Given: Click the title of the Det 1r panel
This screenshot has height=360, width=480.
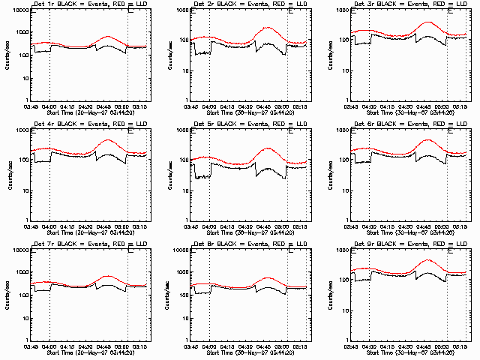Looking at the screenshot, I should pyautogui.click(x=79, y=5).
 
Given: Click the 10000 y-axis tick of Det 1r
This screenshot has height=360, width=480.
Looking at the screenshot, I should pyautogui.click(x=19, y=10).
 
